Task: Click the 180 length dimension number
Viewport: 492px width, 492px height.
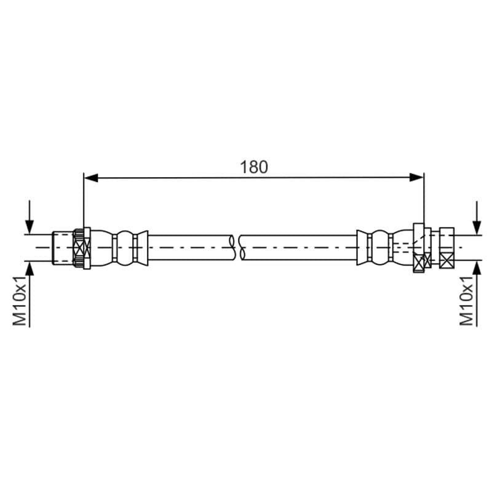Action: (x=254, y=167)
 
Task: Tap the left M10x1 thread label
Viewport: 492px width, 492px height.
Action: (x=20, y=301)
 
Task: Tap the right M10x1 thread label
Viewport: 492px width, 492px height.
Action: (x=467, y=301)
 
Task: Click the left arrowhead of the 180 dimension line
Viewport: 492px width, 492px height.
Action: (x=91, y=178)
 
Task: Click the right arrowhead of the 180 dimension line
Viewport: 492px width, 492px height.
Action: (x=416, y=178)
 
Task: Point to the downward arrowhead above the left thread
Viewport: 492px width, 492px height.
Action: (x=30, y=227)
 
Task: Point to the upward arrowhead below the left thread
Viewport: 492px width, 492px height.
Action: (x=30, y=268)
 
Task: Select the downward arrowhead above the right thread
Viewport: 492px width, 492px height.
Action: (x=477, y=227)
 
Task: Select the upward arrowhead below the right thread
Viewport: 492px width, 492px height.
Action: (x=477, y=268)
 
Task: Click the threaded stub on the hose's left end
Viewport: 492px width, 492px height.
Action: (x=63, y=248)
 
